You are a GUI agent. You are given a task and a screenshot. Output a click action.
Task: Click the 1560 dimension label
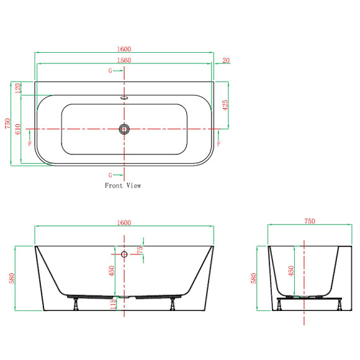(124, 60)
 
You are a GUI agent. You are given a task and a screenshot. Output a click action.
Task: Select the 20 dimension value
(226, 60)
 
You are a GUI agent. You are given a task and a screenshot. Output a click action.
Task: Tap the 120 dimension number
(18, 88)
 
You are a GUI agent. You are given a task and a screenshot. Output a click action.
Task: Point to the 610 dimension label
(18, 129)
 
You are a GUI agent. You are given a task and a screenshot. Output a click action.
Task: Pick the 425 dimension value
(225, 105)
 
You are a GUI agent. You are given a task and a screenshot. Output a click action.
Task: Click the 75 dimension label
(140, 250)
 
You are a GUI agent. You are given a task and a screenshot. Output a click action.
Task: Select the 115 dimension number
(113, 304)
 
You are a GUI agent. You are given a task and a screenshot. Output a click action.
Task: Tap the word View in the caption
(133, 186)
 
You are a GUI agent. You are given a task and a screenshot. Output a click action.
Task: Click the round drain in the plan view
(124, 129)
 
